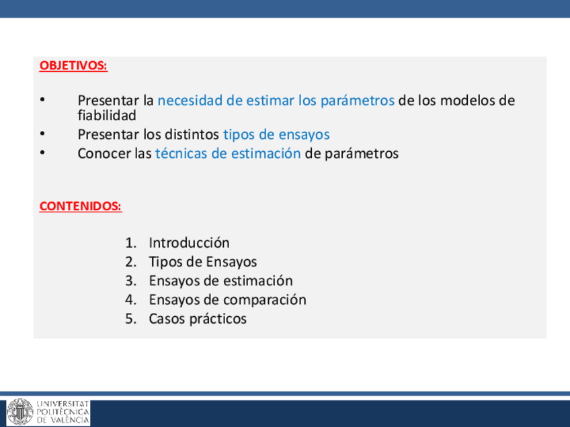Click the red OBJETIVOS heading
click(x=73, y=65)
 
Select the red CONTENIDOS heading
click(x=81, y=206)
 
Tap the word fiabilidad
click(x=107, y=115)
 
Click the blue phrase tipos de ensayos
click(x=276, y=135)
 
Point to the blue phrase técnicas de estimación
click(x=228, y=153)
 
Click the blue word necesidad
click(x=190, y=100)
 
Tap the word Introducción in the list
click(x=189, y=242)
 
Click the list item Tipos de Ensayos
click(x=203, y=262)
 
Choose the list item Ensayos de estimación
click(x=220, y=281)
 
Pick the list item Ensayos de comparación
click(x=228, y=300)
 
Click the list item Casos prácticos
click(x=198, y=319)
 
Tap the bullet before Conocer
click(x=42, y=153)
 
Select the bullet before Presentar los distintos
click(x=42, y=134)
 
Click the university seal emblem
click(x=20, y=412)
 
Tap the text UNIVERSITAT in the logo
click(x=63, y=404)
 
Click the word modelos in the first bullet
click(x=469, y=100)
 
